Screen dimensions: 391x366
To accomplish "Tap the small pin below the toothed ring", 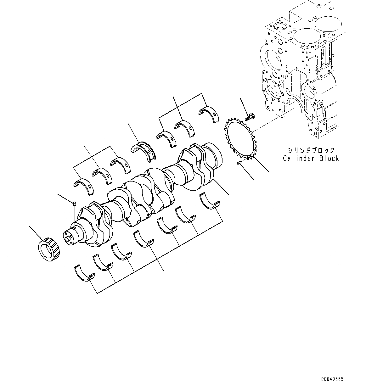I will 239,162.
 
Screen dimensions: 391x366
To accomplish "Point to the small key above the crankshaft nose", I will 75,204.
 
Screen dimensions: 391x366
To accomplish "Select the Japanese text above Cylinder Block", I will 311,150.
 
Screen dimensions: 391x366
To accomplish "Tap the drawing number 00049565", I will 332,379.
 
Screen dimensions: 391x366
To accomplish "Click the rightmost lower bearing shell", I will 209,201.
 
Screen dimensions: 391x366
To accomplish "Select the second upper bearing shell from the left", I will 102,176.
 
